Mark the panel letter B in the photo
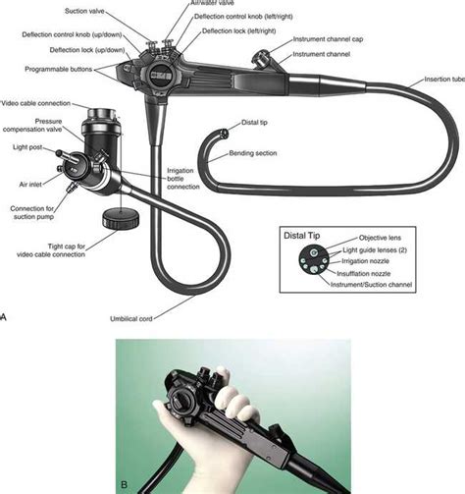click(123, 481)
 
